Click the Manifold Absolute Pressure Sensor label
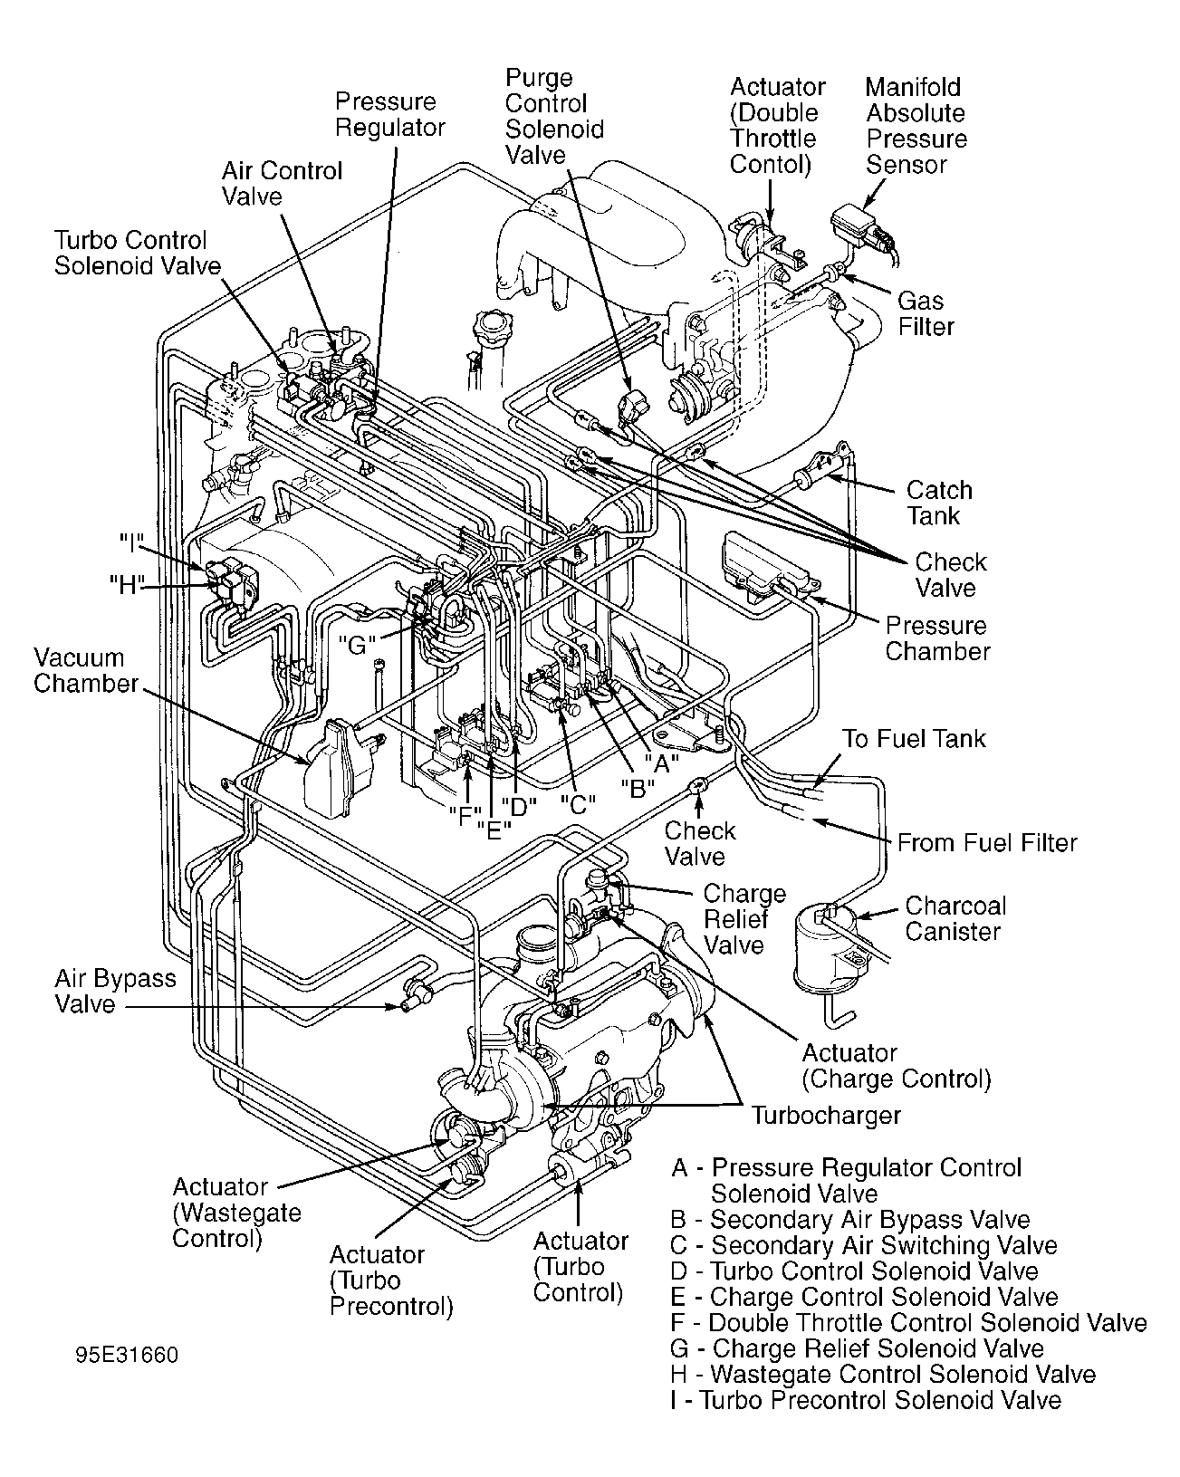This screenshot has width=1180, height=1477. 916,126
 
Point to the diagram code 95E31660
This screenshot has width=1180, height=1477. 128,1356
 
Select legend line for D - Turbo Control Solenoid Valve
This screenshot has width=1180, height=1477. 854,1271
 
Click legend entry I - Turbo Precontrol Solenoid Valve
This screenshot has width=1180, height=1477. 865,1400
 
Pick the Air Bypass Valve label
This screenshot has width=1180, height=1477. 115,992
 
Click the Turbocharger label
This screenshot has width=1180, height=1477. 825,1115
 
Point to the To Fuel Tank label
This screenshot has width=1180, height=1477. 913,738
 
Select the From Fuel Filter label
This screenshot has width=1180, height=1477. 986,843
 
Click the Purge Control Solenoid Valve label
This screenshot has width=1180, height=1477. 553,116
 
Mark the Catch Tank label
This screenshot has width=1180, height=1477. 938,503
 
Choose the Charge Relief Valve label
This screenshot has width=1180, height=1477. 743,919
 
